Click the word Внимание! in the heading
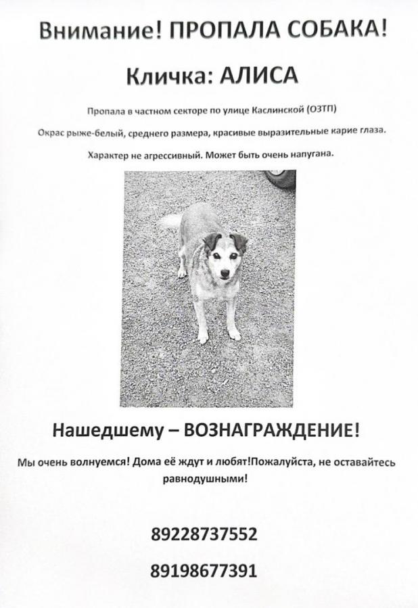coord(98,31)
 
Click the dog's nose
coord(224,273)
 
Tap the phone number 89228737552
coord(205,534)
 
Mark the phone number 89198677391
coord(205,571)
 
